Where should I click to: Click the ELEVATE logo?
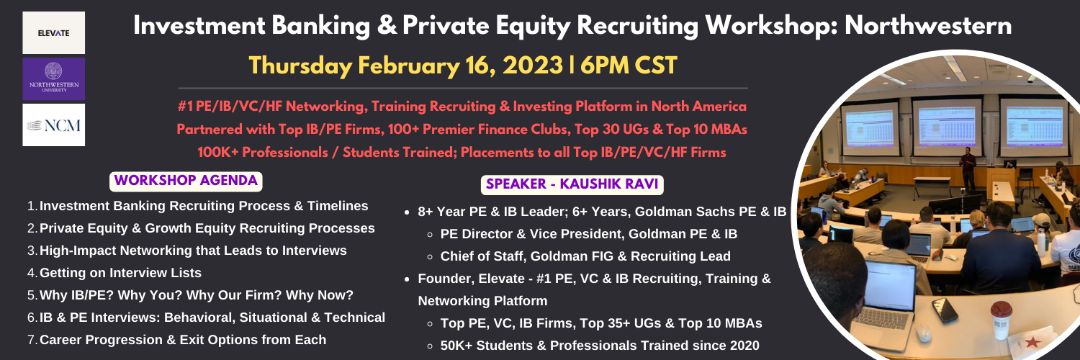tap(53, 33)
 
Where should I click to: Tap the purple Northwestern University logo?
tap(53, 78)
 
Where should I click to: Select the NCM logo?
tap(53, 125)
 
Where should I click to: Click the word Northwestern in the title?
tap(928, 25)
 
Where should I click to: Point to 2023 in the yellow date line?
tap(532, 66)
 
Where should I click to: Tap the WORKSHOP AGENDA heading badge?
tap(186, 181)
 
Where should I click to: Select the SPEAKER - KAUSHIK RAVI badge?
tap(572, 184)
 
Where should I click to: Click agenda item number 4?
tap(114, 273)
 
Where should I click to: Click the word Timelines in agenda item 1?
tap(338, 206)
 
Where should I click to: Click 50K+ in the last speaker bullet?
tap(456, 346)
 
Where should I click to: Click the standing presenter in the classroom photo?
tap(967, 169)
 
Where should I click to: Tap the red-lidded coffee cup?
tap(1001, 320)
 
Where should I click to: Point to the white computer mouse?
tap(924, 333)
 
